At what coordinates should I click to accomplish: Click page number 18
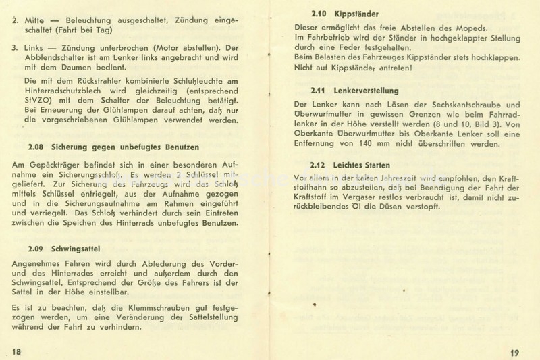18,350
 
